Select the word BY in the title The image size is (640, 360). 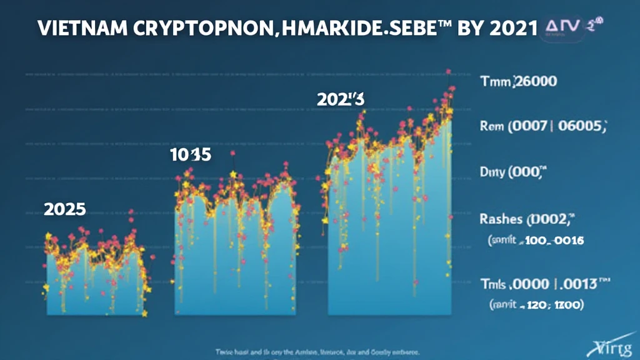click(479, 29)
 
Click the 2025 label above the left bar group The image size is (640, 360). click(64, 209)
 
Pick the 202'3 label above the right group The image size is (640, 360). click(340, 99)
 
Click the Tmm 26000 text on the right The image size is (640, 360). click(519, 81)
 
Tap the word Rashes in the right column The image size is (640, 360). click(501, 219)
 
